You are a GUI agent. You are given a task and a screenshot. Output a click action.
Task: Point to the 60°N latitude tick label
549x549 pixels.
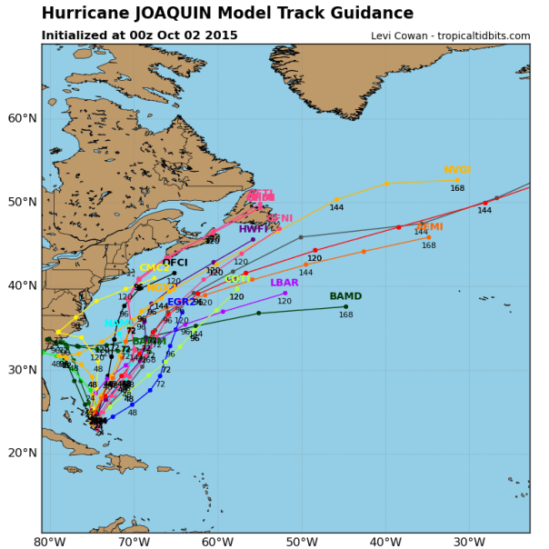click(20, 118)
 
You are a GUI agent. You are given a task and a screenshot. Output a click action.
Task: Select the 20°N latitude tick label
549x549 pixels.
click(20, 453)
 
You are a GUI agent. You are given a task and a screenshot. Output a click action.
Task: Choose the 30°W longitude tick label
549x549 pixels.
click(469, 543)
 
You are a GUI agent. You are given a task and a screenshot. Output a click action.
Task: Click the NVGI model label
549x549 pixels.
click(457, 170)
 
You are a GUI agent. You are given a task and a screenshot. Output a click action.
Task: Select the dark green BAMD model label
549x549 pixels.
click(345, 296)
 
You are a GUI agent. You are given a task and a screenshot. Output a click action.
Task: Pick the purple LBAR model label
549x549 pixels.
click(284, 283)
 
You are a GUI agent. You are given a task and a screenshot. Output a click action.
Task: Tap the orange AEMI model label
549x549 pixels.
click(429, 227)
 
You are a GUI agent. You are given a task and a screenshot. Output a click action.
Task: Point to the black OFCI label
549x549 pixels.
click(175, 263)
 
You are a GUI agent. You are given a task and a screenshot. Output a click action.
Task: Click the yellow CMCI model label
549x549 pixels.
click(154, 268)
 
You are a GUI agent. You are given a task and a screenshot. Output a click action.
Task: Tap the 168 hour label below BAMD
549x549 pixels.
click(345, 314)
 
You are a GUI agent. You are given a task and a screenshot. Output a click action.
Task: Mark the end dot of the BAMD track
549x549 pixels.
click(345, 306)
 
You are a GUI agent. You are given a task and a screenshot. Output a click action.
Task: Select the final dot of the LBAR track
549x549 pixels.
click(285, 293)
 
